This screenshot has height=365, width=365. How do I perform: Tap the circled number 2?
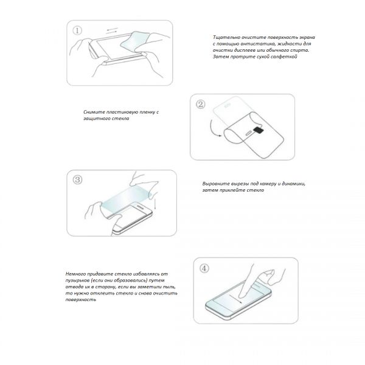pyautogui.click(x=201, y=104)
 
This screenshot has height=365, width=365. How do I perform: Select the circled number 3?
pyautogui.click(x=77, y=179)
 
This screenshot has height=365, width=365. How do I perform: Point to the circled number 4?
pyautogui.click(x=204, y=267)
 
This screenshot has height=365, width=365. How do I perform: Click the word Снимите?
pyautogui.click(x=94, y=113)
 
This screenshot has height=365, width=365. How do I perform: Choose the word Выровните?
pyautogui.click(x=216, y=184)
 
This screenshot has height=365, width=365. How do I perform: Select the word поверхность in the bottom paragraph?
pyautogui.click(x=80, y=300)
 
